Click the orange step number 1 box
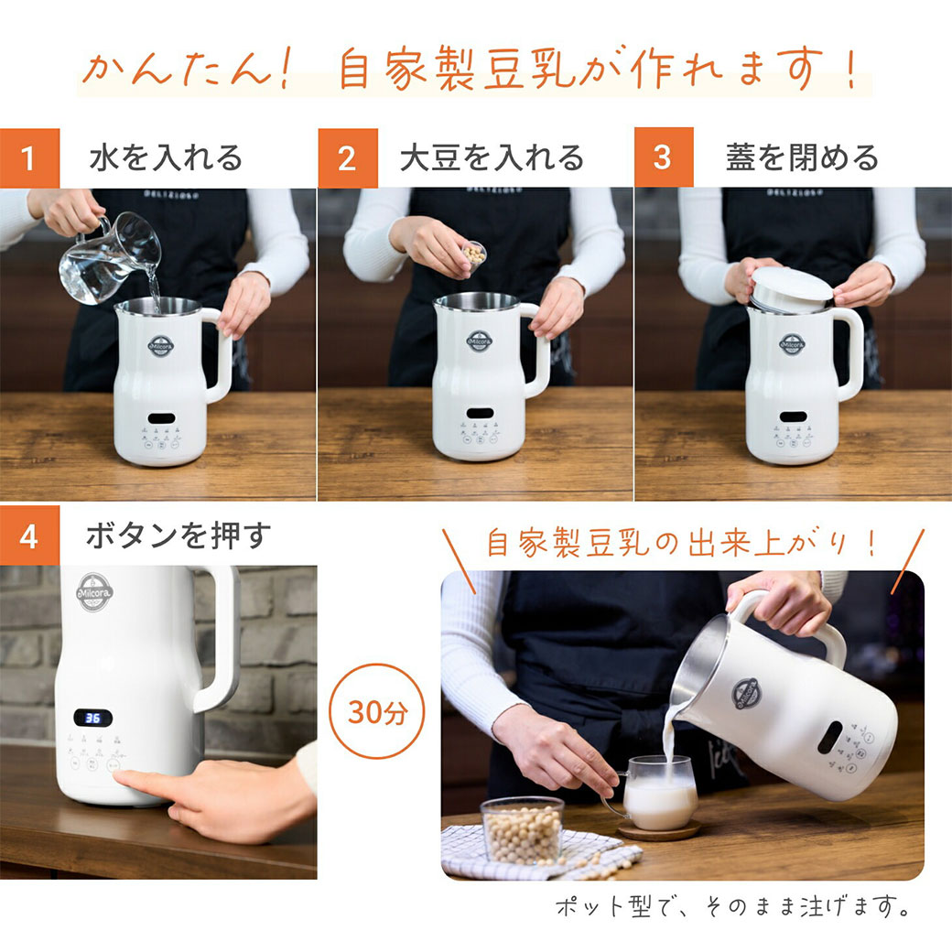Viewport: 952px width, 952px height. tap(28, 157)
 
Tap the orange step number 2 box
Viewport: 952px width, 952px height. tap(347, 157)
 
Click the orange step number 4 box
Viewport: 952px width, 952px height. tap(28, 536)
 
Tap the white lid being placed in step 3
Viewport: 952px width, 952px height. tap(791, 287)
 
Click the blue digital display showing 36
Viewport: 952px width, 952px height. tap(92, 718)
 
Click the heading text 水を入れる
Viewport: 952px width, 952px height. tap(166, 157)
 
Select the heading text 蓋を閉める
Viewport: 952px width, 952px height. tap(802, 157)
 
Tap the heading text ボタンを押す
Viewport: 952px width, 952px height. tap(178, 536)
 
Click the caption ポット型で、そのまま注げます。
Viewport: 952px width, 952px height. tap(732, 907)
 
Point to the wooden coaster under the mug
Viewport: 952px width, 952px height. tap(658, 830)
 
